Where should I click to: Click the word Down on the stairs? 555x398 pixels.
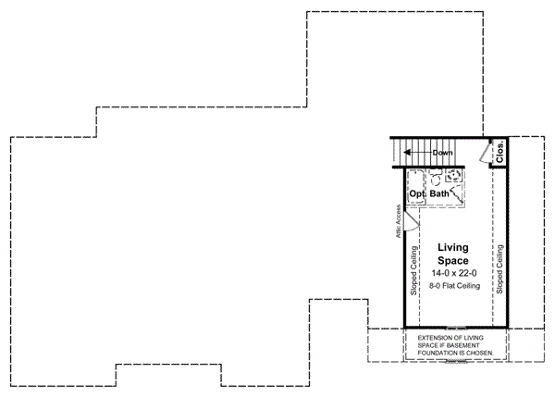click(441, 152)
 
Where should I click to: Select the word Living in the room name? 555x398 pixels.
click(453, 247)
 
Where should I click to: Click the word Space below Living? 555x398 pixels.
click(453, 261)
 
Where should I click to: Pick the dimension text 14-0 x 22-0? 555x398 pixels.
click(453, 274)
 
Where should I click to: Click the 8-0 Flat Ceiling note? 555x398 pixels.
click(453, 286)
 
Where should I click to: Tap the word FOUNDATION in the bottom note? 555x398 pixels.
click(444, 353)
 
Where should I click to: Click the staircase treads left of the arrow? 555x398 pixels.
click(400, 152)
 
